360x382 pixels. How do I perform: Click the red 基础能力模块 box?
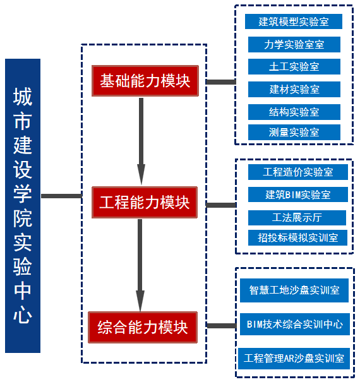click(x=145, y=81)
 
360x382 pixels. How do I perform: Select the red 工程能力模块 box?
click(x=145, y=202)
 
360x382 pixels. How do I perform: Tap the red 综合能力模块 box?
click(x=143, y=327)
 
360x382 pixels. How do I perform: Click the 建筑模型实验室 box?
click(x=294, y=21)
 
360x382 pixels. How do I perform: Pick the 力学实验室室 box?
click(x=294, y=44)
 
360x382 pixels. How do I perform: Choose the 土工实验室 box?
click(x=294, y=66)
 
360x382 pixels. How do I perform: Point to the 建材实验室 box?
click(x=294, y=90)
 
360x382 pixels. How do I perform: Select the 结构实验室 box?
click(x=294, y=112)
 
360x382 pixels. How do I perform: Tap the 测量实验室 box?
click(x=294, y=133)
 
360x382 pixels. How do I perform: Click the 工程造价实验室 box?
click(x=298, y=172)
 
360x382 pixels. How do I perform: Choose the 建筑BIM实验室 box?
click(x=298, y=194)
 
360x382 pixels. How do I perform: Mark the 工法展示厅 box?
click(x=297, y=218)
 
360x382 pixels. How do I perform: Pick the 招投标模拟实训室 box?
click(x=297, y=237)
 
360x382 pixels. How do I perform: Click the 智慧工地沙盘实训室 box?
click(x=294, y=290)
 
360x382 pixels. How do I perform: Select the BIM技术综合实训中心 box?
click(x=295, y=325)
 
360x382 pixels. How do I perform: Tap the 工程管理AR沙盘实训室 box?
click(x=294, y=359)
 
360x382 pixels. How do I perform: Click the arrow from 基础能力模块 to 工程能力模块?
click(x=141, y=141)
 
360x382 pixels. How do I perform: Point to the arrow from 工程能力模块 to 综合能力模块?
click(x=140, y=265)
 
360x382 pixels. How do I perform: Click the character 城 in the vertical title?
click(x=23, y=97)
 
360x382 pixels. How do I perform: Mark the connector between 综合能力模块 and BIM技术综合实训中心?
click(x=222, y=325)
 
